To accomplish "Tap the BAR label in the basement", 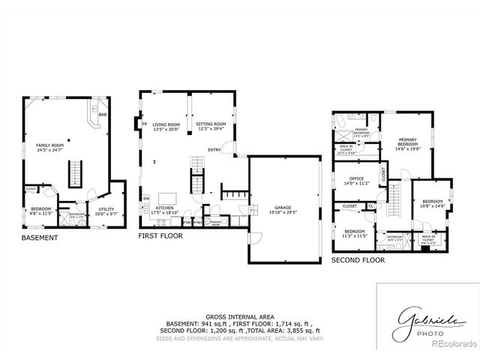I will point(102,115).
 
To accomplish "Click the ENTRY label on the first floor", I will point(214,149).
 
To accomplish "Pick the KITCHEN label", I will point(165,210).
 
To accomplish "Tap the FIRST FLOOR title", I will point(160,235).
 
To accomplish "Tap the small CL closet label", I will point(370,206).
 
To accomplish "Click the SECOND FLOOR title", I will point(358,260).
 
